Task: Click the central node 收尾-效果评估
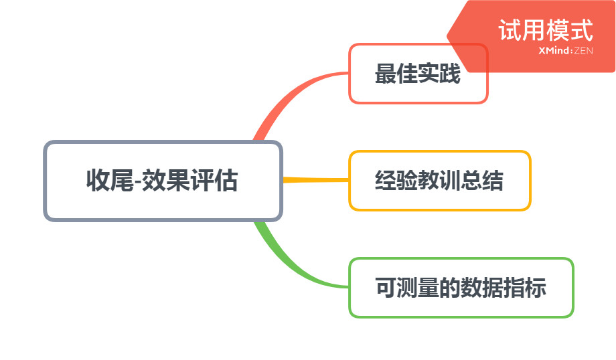click(163, 181)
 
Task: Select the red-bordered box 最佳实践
click(418, 74)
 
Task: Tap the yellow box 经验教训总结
click(440, 181)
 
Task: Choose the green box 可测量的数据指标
click(461, 288)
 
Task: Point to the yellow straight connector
click(316, 180)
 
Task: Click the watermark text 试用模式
click(546, 30)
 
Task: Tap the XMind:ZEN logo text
click(566, 51)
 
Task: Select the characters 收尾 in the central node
click(110, 181)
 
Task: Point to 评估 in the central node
click(214, 181)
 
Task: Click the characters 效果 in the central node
click(165, 181)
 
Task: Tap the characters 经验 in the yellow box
click(396, 181)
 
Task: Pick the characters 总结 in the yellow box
click(482, 181)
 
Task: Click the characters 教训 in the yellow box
click(439, 181)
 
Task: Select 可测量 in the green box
click(407, 288)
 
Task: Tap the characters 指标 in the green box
click(525, 288)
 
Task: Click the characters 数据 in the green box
click(482, 288)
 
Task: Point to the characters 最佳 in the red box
click(396, 74)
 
